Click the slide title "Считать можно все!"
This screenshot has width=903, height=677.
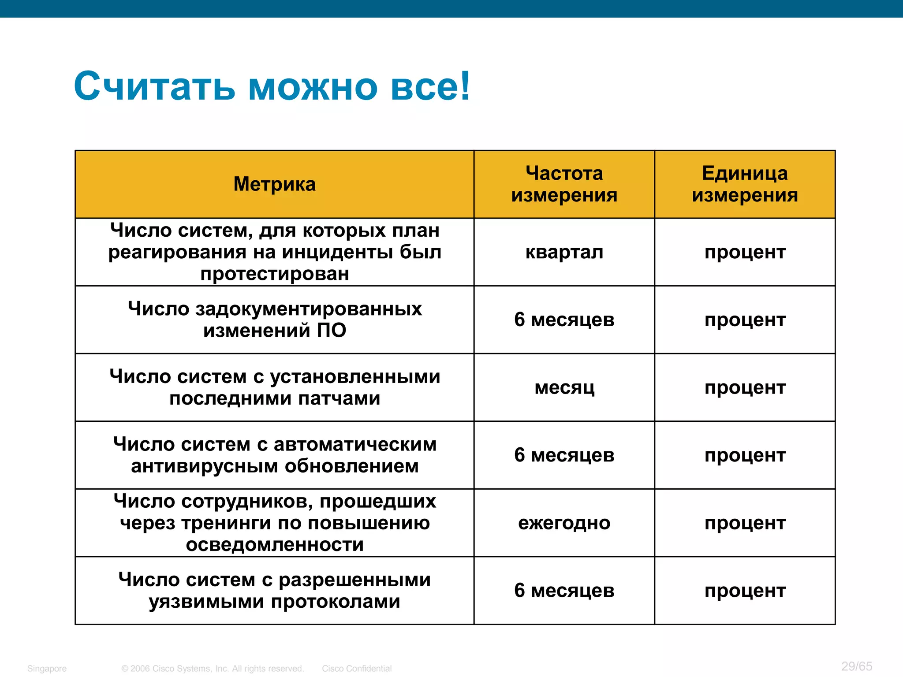[x=272, y=86]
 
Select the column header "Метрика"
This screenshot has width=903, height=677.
[x=274, y=184]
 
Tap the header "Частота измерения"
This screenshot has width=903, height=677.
[x=564, y=184]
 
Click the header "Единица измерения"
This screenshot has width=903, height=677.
[x=745, y=184]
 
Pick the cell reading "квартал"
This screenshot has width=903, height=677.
[x=564, y=253]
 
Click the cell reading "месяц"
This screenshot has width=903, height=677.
[x=564, y=388]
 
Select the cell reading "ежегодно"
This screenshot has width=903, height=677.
[x=564, y=523]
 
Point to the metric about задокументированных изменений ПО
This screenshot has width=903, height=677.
[x=274, y=320]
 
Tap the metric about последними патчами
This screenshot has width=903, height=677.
[x=274, y=387]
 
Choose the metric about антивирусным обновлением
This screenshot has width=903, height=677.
[x=274, y=455]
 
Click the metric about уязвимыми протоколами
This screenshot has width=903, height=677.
[x=274, y=591]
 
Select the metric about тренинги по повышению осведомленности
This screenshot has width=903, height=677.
[x=274, y=523]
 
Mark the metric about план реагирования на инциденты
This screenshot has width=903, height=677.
[x=274, y=252]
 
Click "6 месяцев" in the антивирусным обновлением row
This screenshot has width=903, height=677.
[x=564, y=455]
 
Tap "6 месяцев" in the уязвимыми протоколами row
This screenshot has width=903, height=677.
[x=564, y=591]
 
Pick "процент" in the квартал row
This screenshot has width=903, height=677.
[x=745, y=253]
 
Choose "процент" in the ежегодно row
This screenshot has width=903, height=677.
[x=745, y=523]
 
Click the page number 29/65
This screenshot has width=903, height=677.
[x=856, y=666]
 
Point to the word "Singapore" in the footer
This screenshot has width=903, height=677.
[x=47, y=669]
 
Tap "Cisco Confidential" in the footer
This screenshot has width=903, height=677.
[x=356, y=669]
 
